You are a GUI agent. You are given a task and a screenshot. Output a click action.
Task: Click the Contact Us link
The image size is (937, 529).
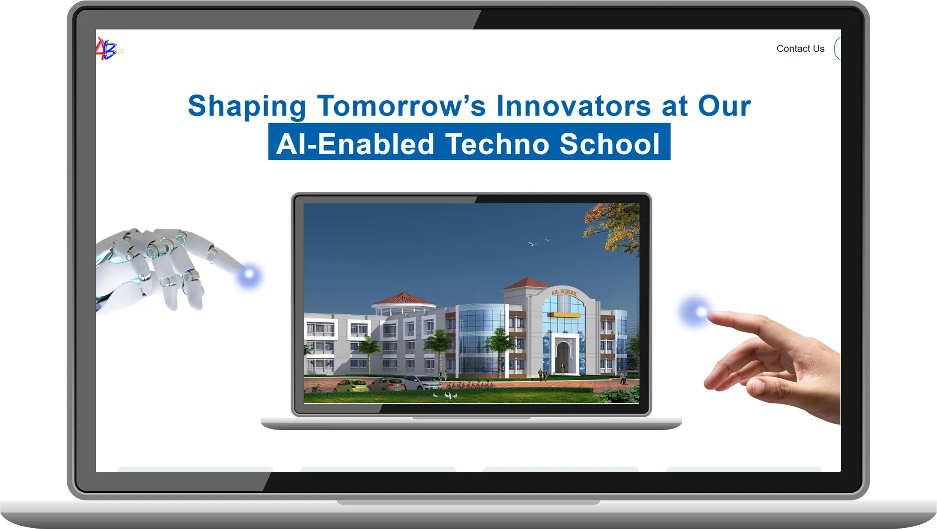coord(800,49)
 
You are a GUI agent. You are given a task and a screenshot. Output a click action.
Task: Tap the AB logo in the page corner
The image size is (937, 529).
coord(108,49)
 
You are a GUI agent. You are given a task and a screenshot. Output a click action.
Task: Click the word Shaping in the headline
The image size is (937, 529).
coord(247,106)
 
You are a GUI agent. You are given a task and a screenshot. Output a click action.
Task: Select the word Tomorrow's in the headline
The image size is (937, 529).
coord(401,106)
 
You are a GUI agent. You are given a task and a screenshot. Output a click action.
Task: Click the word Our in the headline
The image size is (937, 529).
coord(724,106)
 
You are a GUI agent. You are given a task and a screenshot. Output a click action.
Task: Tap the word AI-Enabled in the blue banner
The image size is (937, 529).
coord(355,144)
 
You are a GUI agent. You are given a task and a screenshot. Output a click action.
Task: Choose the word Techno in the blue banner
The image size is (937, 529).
coord(497,144)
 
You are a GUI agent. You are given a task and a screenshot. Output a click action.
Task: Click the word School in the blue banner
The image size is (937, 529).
coord(610,144)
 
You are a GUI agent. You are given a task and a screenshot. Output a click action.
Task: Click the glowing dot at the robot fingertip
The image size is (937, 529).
coord(249,274)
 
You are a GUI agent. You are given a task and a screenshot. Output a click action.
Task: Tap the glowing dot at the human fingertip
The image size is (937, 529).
coord(697,312)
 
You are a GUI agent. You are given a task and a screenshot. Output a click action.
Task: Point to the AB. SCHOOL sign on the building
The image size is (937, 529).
coord(564,292)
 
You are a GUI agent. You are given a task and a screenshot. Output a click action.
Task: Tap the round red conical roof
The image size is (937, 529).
coord(403,299)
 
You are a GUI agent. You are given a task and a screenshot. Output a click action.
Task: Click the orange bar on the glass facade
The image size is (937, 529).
coord(564,315)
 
